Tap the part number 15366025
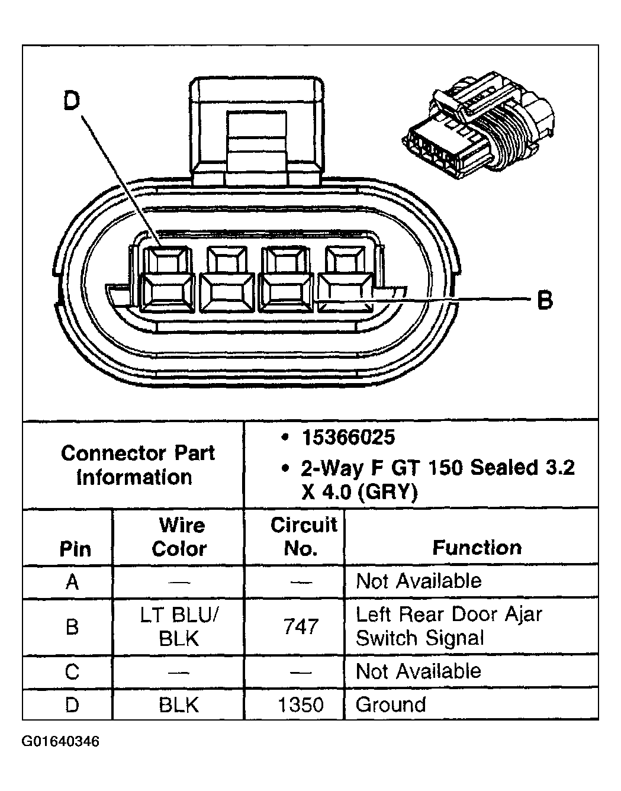coord(348,438)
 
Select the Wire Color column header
coord(179,537)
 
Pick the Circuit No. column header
coord(303,536)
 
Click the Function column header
coord(477,548)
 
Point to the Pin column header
coord(75,549)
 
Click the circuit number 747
coord(301,627)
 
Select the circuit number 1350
coord(301,705)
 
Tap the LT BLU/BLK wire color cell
coord(179,627)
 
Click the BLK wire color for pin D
coord(179,705)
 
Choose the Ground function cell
coord(391,705)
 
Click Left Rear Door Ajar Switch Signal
coord(449,626)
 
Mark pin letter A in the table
coord(72,582)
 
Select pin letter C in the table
coord(72,672)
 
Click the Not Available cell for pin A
coord(419,581)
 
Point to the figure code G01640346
coord(60,741)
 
